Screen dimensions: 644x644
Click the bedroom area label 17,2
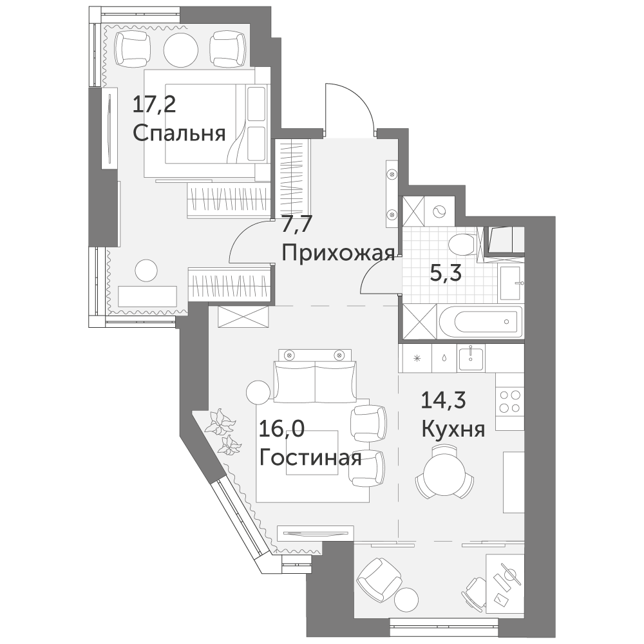pyautogui.click(x=154, y=106)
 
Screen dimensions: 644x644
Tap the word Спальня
pyautogui.click(x=179, y=133)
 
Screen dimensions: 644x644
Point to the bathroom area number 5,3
pyautogui.click(x=446, y=272)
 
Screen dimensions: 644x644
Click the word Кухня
pyautogui.click(x=453, y=430)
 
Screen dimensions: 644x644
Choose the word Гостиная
pyautogui.click(x=310, y=458)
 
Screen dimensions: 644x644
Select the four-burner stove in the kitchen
pyautogui.click(x=509, y=401)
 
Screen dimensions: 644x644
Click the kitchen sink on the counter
pyautogui.click(x=471, y=358)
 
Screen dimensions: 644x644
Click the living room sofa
pyautogui.click(x=315, y=382)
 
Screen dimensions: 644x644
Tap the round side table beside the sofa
pyautogui.click(x=258, y=393)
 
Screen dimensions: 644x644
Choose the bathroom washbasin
pyautogui.click(x=511, y=283)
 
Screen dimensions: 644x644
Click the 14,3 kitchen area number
pyautogui.click(x=444, y=401)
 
